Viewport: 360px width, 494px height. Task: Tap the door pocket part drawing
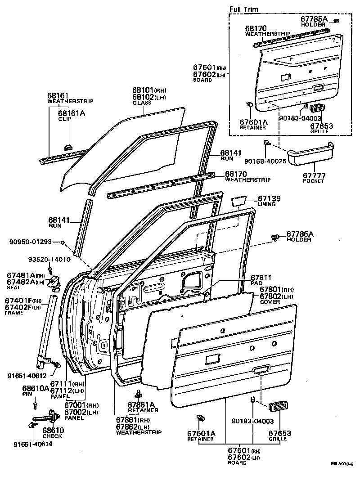tap(310, 153)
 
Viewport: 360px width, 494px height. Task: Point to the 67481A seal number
tap(21, 275)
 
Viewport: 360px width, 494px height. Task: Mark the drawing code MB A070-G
tap(342, 464)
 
